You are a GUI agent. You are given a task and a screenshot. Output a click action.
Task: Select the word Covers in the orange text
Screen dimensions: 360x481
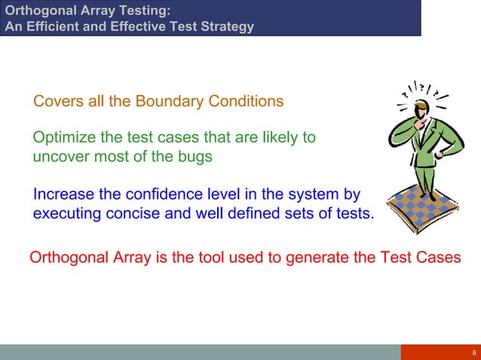point(54,101)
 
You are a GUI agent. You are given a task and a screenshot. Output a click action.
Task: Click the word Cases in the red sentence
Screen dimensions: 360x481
point(440,258)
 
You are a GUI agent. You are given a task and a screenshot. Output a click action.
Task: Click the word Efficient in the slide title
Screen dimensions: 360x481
point(50,27)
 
